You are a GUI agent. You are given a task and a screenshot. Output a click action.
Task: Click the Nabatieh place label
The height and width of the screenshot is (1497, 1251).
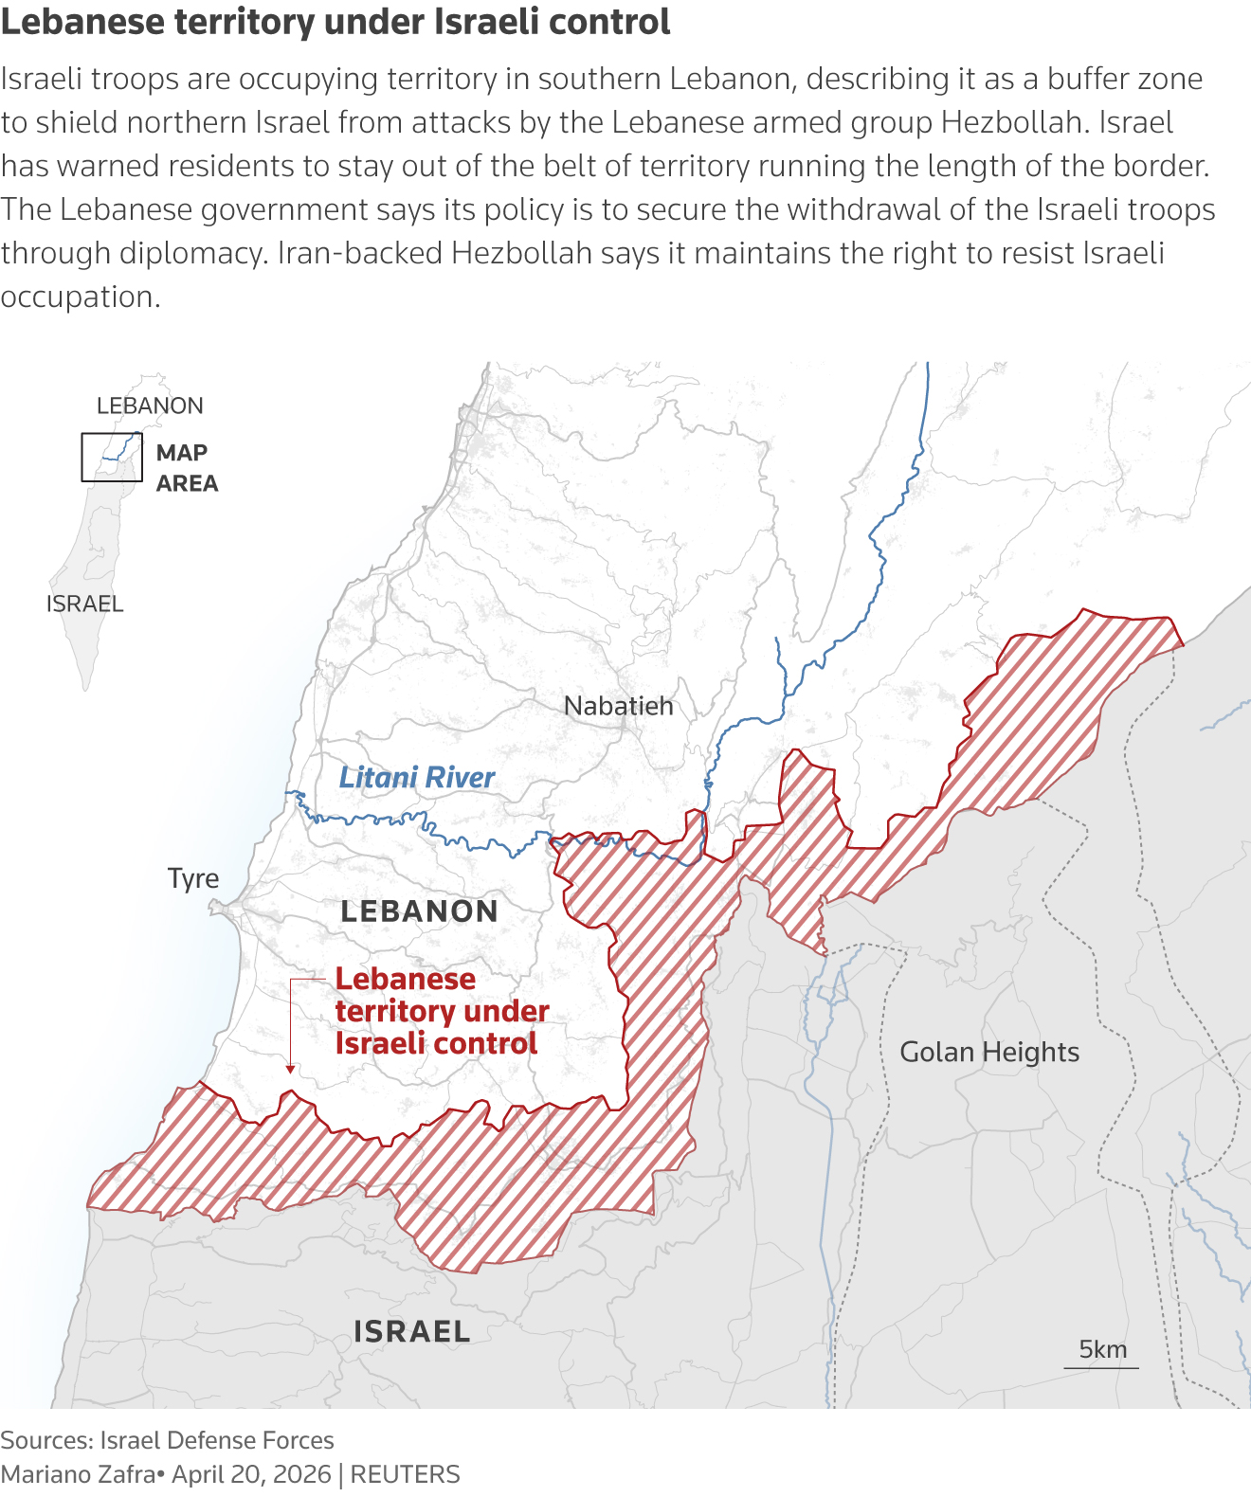618,706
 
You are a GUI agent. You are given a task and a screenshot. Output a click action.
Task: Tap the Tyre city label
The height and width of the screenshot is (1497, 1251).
193,878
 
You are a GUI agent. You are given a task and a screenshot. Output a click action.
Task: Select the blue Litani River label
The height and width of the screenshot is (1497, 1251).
417,778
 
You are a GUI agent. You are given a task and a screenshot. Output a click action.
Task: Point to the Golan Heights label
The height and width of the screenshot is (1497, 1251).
989,1052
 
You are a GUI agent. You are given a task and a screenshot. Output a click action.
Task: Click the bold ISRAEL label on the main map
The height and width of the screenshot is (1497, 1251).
411,1331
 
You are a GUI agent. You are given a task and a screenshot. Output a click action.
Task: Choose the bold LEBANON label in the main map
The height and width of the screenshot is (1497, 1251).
419,911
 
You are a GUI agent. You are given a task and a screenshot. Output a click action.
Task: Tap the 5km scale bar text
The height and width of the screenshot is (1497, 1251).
1102,1349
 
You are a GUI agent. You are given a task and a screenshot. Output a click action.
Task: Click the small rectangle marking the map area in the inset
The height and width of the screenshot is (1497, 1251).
112,457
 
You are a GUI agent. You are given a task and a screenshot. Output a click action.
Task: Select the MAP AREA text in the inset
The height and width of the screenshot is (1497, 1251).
187,468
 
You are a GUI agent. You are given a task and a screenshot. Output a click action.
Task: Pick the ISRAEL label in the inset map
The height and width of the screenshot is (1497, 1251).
84,604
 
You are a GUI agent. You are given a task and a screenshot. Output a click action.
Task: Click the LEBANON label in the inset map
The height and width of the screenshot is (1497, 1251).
150,406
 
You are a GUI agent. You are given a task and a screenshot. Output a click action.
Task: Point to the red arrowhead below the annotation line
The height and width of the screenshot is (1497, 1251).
290,1069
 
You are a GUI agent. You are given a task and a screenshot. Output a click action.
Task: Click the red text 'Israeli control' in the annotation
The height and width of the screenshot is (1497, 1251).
436,1043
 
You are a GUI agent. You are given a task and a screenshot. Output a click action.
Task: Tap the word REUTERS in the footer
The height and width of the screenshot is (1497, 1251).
405,1474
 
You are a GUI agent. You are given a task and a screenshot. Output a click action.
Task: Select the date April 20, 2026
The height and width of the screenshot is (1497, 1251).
251,1474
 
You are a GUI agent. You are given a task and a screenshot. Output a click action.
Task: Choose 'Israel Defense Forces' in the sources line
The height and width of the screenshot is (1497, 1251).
217,1440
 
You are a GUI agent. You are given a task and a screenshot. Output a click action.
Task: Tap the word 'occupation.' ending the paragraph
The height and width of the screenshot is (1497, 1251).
81,297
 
